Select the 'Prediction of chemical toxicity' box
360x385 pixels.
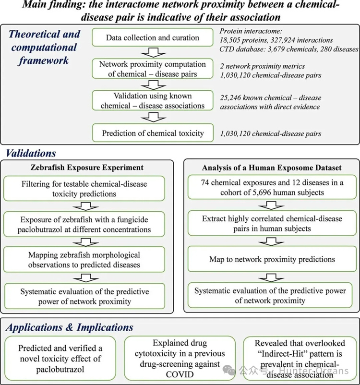[x=152, y=133]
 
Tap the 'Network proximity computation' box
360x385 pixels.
[x=152, y=69]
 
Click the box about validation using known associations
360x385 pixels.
[x=152, y=101]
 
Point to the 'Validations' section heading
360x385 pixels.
[x=31, y=154]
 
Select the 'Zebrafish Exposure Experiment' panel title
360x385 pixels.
[x=84, y=168]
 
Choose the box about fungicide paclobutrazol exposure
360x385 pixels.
[x=84, y=224]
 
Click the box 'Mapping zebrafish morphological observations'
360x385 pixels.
[x=84, y=259]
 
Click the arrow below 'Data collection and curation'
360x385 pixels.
[x=152, y=52]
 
